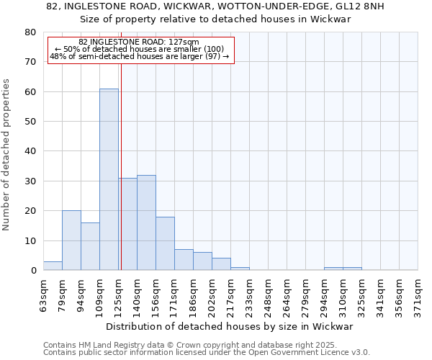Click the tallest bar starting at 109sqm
109,180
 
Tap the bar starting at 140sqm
146,222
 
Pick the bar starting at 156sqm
165,243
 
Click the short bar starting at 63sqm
53,266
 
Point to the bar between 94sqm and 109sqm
90,246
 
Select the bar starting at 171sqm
184,260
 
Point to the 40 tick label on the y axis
30,151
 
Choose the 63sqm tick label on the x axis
44,294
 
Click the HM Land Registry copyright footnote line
200,345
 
